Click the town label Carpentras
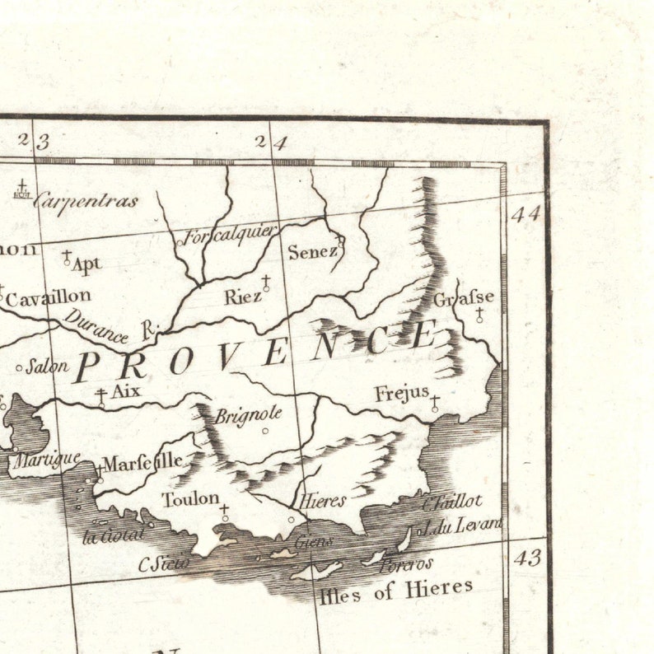[86, 200]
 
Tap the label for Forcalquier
[230, 235]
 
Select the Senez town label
[312, 252]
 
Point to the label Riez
[242, 297]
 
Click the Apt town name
[86, 264]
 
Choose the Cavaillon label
[48, 298]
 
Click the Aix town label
[125, 391]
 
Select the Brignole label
[249, 414]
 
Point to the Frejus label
[401, 394]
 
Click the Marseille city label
[142, 461]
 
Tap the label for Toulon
[190, 498]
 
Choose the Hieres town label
[322, 500]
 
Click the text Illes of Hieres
[396, 590]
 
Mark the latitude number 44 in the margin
[525, 214]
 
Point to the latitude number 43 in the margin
[527, 558]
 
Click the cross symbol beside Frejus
[435, 403]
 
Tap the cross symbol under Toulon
[224, 512]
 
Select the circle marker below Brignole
[265, 430]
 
